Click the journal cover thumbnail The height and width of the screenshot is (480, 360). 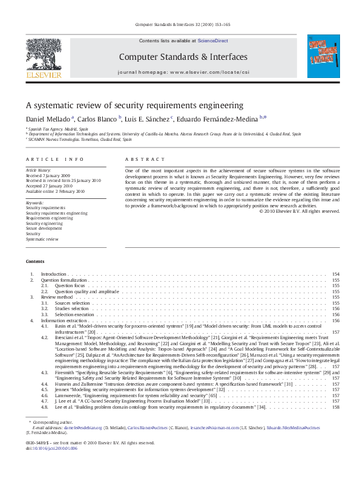[x=323, y=56]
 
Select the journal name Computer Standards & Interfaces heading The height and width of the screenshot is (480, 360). [x=183, y=57]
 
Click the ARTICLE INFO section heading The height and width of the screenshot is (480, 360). [x=55, y=159]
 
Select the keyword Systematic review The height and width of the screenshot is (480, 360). [x=42, y=239]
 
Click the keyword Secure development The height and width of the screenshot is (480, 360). [x=44, y=229]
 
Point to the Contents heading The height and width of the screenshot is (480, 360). [x=34, y=261]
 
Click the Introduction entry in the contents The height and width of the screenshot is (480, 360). [x=53, y=274]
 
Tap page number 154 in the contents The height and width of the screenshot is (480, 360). [x=336, y=274]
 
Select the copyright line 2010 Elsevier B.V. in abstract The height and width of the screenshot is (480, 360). [x=299, y=211]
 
